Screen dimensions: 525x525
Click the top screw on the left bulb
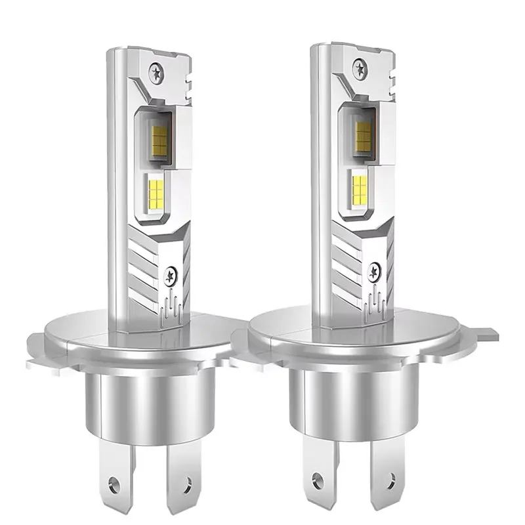156,73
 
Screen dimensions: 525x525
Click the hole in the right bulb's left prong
319,480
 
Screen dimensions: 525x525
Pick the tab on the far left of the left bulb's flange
38,360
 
